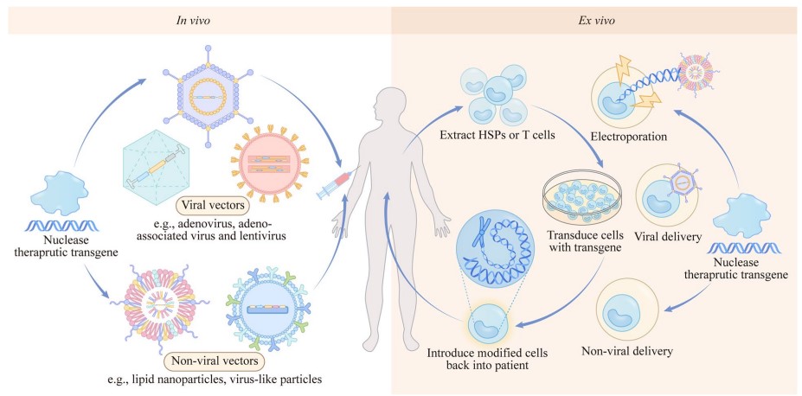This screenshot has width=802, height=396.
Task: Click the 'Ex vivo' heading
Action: (598, 19)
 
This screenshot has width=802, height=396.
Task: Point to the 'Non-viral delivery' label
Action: (629, 352)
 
